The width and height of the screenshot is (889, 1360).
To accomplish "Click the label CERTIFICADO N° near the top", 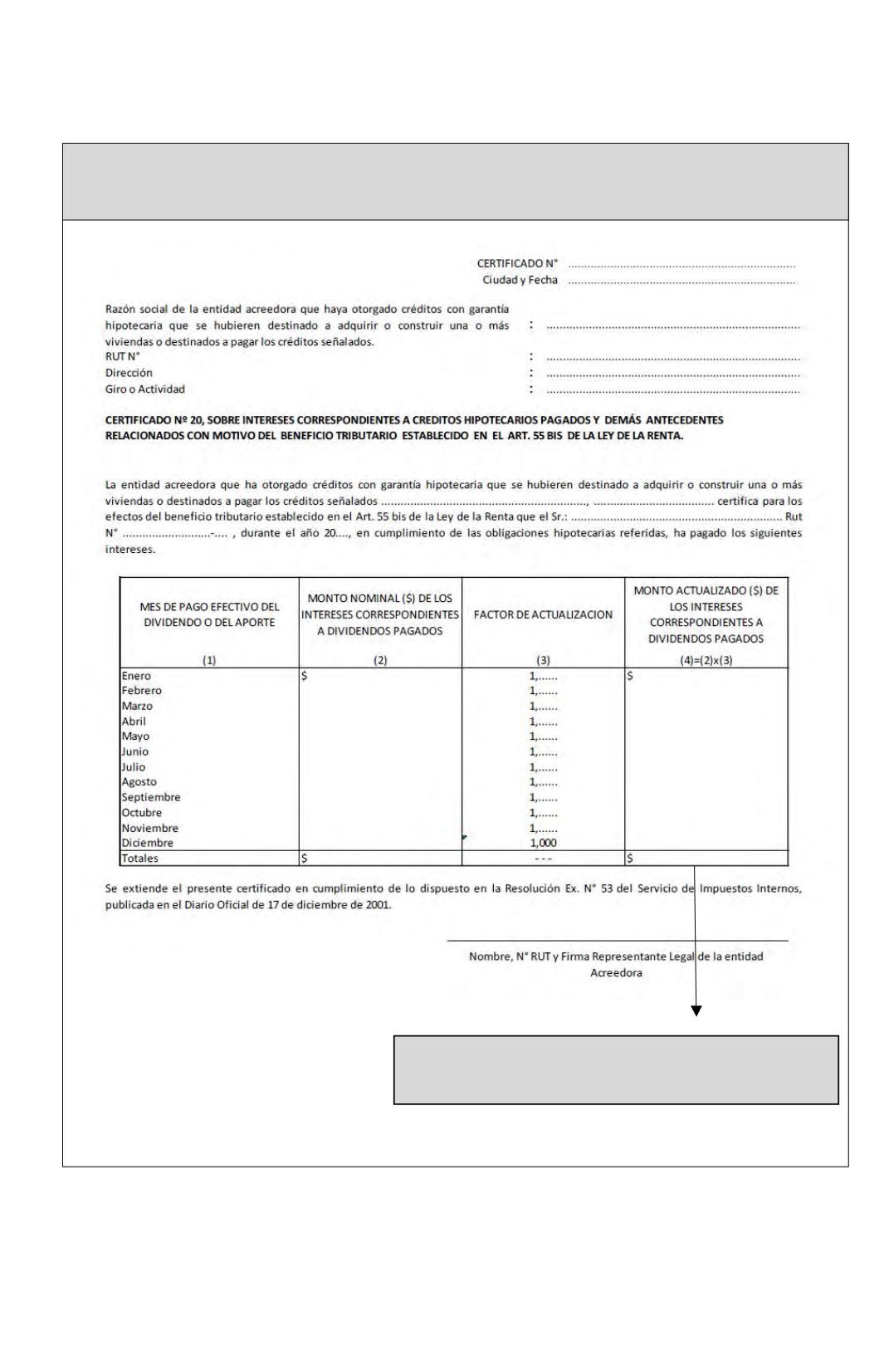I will coord(516,263).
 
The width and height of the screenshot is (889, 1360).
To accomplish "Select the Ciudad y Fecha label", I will coord(520,280).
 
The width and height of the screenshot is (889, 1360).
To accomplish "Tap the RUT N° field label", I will coord(122,357).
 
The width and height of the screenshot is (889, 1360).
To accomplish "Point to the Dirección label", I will coord(129,373).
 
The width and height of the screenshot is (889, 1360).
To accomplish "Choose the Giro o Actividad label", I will coord(144,389).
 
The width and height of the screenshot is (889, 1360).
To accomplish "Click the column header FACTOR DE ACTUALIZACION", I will coord(543,614).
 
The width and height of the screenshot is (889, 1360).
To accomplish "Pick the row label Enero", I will coord(136,676).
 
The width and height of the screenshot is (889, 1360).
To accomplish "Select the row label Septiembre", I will coord(150,797).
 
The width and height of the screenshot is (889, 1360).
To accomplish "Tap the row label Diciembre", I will coord(147,843).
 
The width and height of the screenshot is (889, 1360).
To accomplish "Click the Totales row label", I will coord(139,859).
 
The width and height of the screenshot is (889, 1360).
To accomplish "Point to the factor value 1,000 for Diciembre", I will coord(543,843).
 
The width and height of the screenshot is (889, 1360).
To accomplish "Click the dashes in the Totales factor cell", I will coord(543,859).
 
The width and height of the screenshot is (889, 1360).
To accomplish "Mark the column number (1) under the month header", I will coord(209,660).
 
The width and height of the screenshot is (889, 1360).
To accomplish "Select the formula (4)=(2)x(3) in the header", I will coord(706,660).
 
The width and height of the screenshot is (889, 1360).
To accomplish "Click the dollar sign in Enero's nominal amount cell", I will coord(305,676).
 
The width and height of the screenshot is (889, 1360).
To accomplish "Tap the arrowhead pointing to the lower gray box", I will coord(696,1010).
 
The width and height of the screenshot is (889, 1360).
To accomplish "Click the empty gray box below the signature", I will coord(615,1069).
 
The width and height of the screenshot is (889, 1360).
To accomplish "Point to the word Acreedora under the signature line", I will coord(616,973).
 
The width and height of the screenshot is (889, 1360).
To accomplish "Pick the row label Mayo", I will coord(135,736).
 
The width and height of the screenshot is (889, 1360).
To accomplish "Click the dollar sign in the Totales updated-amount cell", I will coord(630,859).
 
